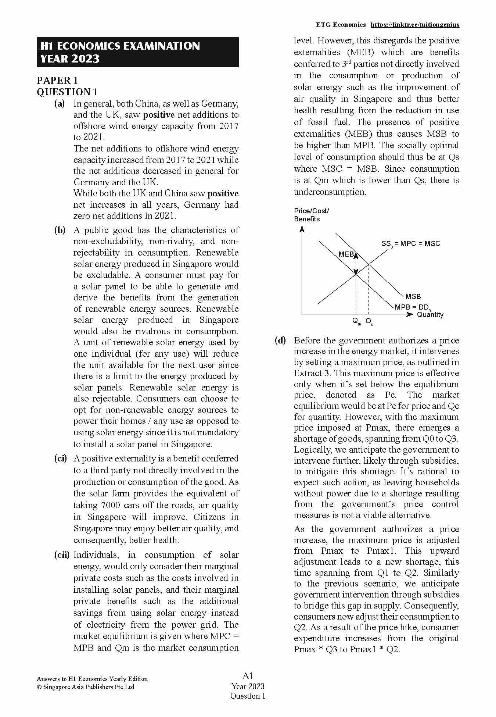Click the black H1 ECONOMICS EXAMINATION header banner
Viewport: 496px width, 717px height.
(x=137, y=52)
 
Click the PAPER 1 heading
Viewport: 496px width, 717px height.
(x=57, y=81)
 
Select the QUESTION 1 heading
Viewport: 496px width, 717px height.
(x=67, y=92)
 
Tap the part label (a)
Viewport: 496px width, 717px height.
(x=60, y=104)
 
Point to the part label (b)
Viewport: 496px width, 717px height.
(x=60, y=230)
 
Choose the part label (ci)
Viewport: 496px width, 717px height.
(x=61, y=459)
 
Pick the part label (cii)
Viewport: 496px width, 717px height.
(x=61, y=555)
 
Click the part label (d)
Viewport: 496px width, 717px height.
(x=280, y=340)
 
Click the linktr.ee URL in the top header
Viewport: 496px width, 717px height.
(x=414, y=25)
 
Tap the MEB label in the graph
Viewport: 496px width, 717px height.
(x=346, y=254)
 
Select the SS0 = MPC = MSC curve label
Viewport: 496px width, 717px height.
(x=410, y=244)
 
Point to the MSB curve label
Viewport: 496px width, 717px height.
(x=413, y=296)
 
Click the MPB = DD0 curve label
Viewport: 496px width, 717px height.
(x=412, y=307)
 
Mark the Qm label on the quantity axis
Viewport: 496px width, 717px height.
(x=356, y=321)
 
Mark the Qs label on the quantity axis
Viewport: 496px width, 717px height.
(x=369, y=321)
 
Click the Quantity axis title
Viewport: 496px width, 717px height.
(x=430, y=315)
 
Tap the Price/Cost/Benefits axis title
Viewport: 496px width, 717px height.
(x=312, y=215)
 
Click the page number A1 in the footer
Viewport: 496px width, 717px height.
(x=248, y=675)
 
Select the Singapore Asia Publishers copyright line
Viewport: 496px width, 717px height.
(x=85, y=687)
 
